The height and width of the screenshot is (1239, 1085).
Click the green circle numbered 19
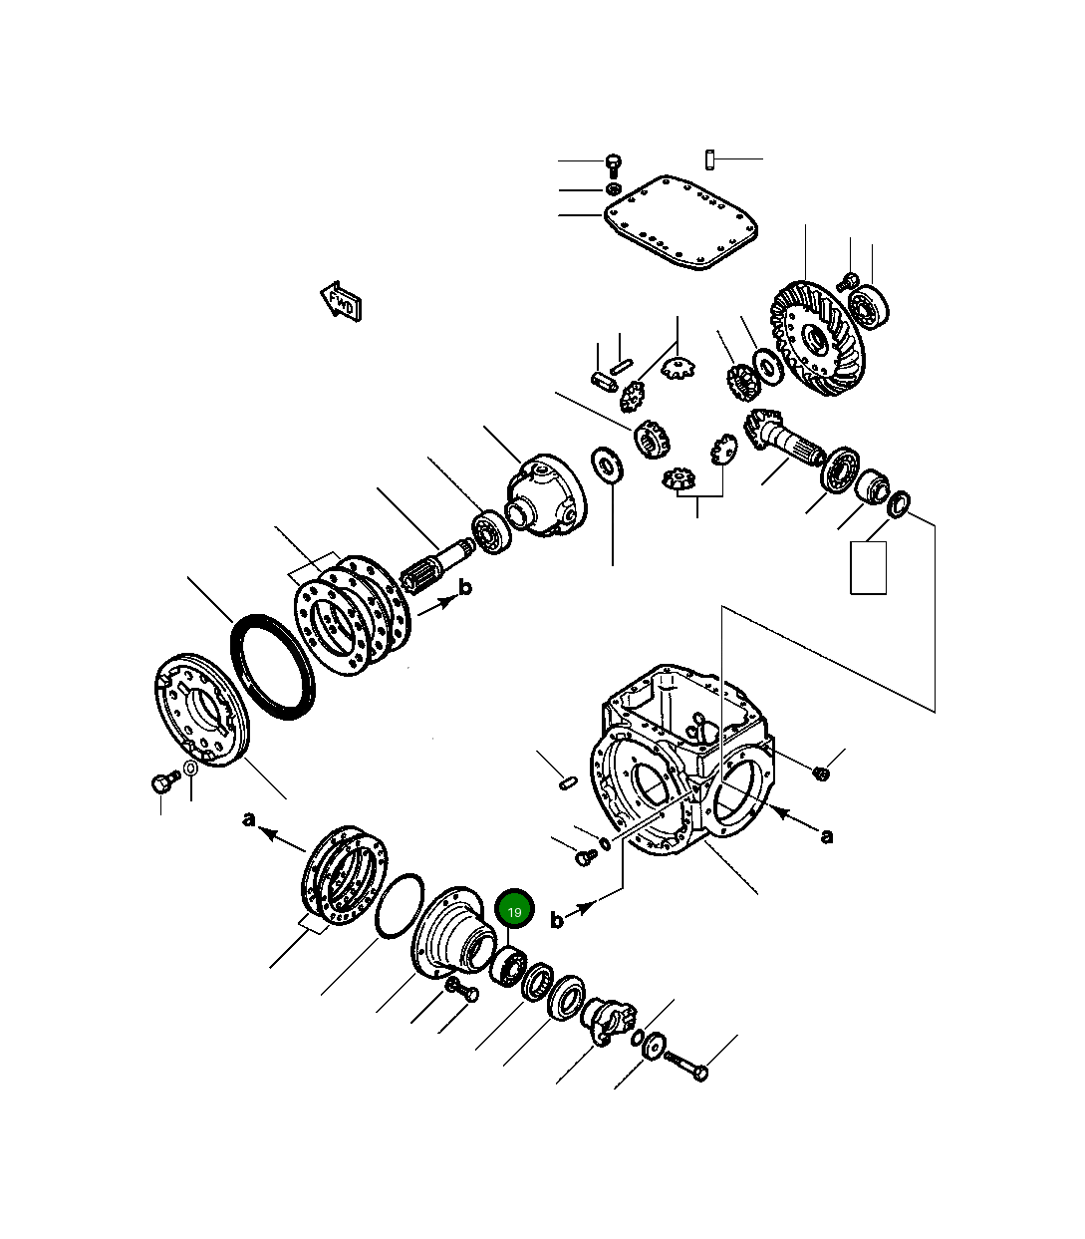point(514,910)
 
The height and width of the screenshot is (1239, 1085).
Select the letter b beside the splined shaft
point(464,588)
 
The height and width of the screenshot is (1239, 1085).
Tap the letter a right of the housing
point(826,835)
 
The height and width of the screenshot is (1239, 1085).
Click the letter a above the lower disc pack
point(249,818)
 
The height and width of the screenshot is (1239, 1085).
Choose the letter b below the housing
point(557,920)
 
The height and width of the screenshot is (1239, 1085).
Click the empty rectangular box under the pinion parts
point(868,568)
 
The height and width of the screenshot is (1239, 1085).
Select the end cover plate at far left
point(202,709)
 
